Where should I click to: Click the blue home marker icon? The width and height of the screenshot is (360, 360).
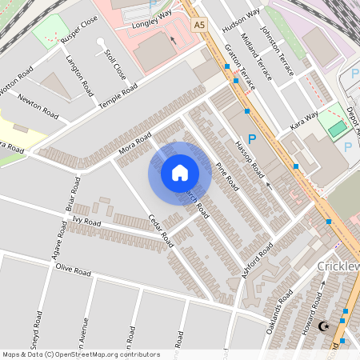180,173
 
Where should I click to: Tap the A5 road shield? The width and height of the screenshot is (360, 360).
199,25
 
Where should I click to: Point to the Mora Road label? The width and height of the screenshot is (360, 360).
134,143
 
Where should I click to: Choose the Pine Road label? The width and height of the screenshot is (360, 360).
227,175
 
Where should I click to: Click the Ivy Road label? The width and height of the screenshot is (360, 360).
86,221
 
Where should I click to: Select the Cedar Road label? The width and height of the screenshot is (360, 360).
162,229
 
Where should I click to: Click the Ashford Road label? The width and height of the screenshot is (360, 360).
255,264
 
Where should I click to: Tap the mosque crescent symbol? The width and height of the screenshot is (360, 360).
324,326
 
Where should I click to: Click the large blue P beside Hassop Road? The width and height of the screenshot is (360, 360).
252,138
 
